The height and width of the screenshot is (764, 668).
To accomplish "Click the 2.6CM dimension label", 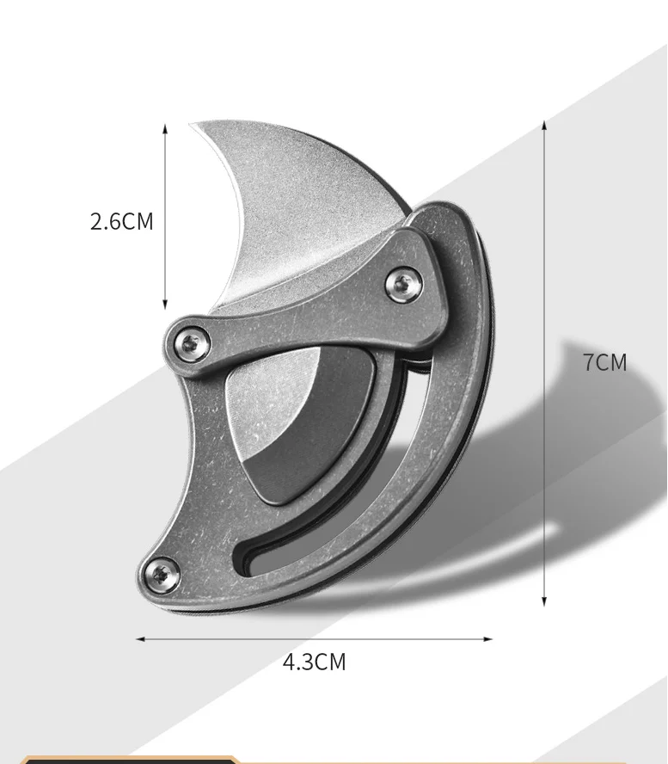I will click(x=122, y=221).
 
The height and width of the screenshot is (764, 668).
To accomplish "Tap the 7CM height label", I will click(x=605, y=362).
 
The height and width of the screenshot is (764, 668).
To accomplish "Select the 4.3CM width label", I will click(x=314, y=662).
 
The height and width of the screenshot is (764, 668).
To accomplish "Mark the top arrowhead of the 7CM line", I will click(x=544, y=125).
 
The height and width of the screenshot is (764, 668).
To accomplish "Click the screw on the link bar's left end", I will click(x=190, y=343).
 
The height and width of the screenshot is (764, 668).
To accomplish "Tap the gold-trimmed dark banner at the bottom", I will click(x=129, y=760).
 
